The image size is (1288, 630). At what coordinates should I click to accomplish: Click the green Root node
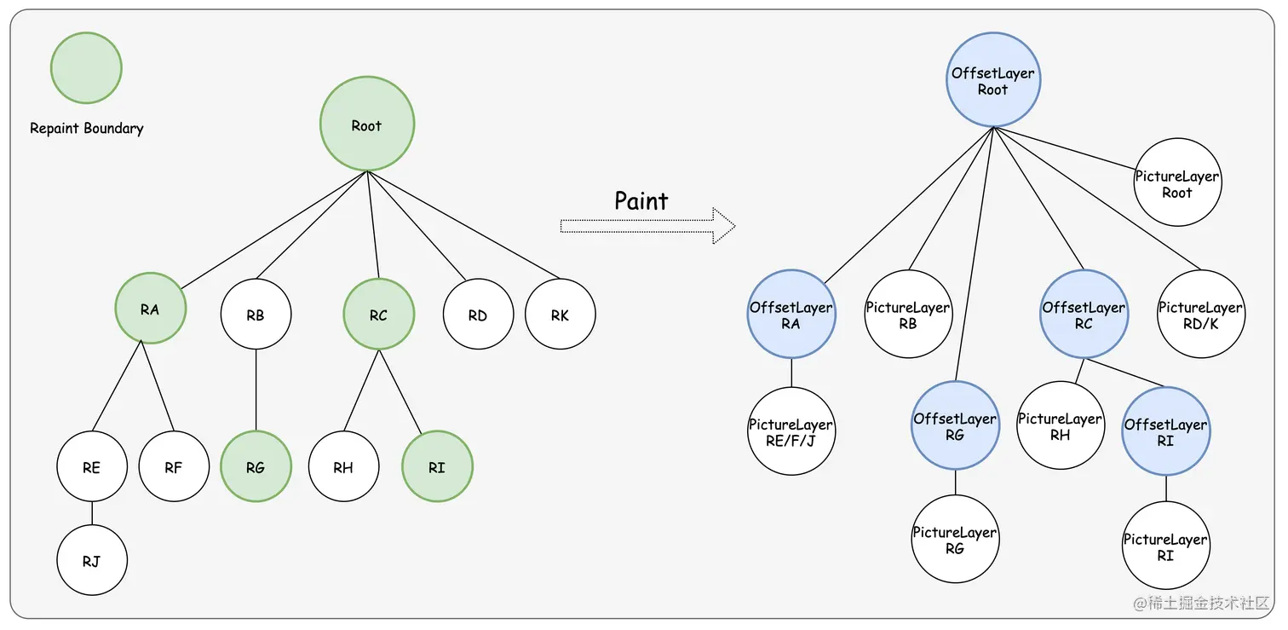(x=367, y=124)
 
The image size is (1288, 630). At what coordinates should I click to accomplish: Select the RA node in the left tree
(x=150, y=309)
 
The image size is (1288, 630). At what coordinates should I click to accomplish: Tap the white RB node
(x=256, y=314)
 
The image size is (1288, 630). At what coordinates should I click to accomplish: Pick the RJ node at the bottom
(x=92, y=560)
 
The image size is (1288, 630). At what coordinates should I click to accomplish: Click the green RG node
(x=256, y=466)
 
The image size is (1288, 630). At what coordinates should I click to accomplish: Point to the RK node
(x=560, y=314)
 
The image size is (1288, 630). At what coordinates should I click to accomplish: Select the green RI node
(x=437, y=466)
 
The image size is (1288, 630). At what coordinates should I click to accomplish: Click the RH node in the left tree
(x=343, y=466)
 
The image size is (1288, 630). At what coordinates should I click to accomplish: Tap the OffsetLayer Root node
(x=993, y=79)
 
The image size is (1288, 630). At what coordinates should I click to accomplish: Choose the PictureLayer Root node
(x=1177, y=182)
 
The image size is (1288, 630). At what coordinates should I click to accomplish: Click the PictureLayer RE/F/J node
(x=791, y=431)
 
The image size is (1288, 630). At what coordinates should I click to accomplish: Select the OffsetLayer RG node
(x=955, y=425)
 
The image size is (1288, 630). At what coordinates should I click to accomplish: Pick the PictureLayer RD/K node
(x=1200, y=314)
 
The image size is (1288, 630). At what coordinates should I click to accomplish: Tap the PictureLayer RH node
(x=1061, y=425)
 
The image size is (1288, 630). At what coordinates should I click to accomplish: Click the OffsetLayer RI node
(x=1166, y=431)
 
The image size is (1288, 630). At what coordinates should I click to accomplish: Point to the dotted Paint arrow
(x=648, y=226)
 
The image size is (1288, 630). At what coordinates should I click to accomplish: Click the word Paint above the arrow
(x=641, y=201)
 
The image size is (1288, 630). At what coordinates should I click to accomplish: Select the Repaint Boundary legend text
(x=87, y=128)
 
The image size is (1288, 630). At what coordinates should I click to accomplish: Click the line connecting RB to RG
(x=256, y=390)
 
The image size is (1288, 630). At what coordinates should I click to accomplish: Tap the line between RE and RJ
(x=92, y=513)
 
